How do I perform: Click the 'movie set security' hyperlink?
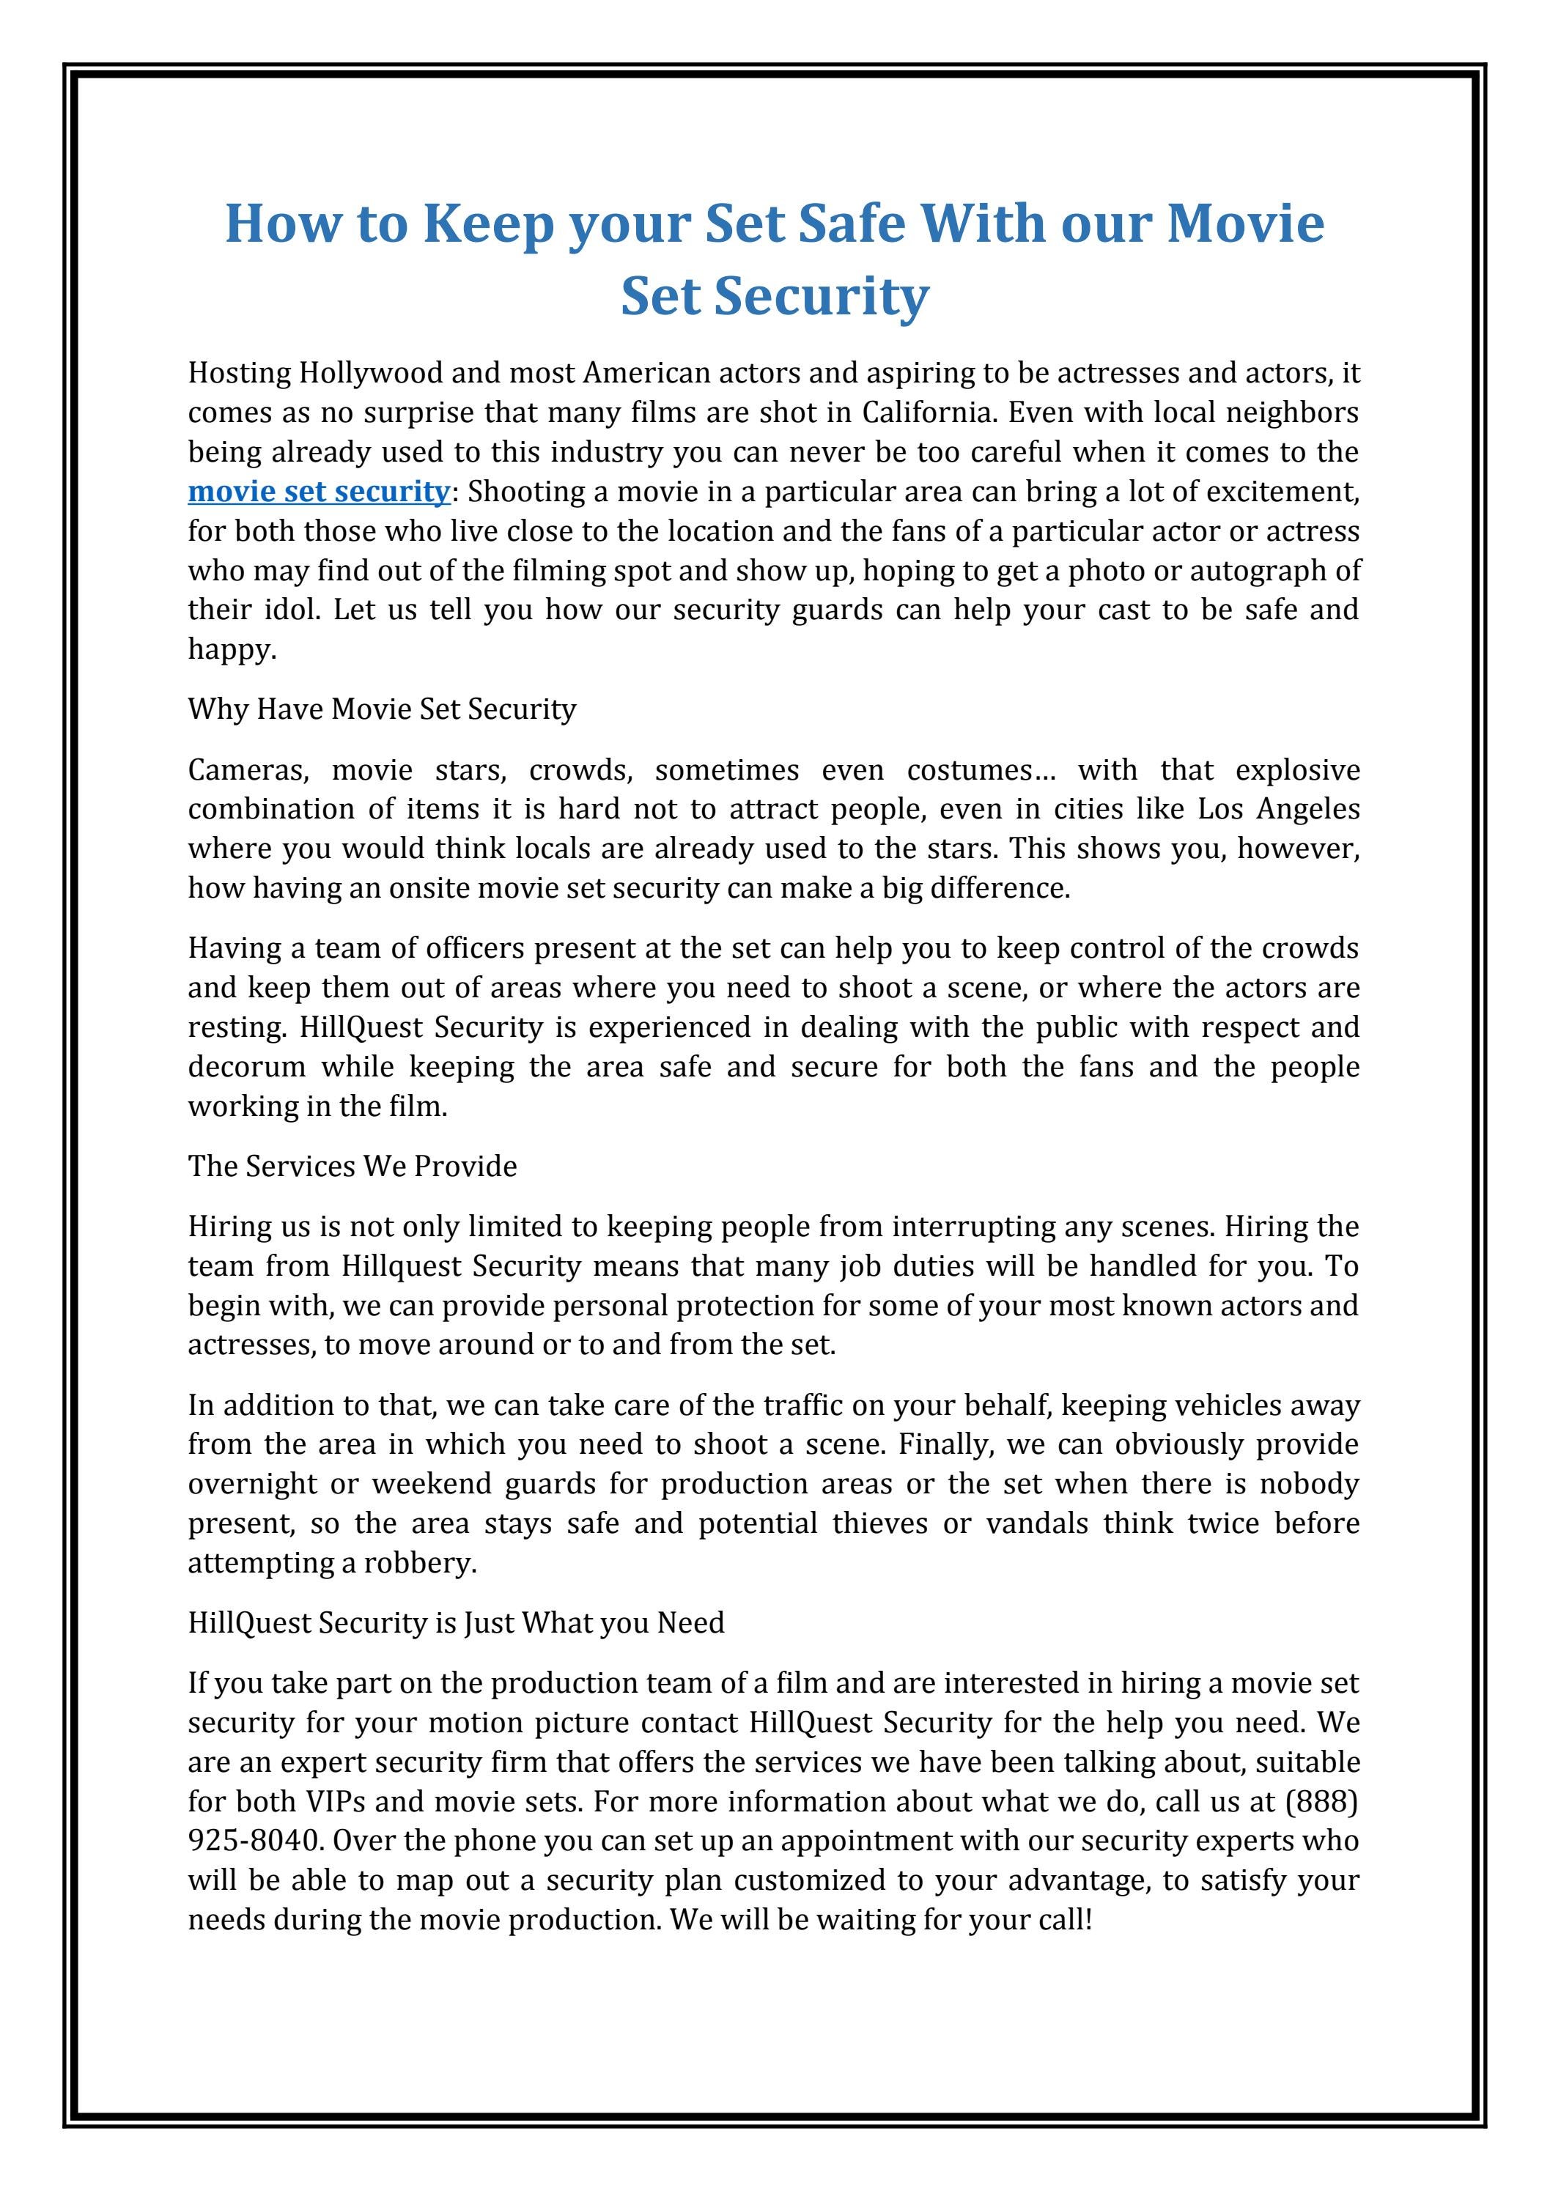(318, 492)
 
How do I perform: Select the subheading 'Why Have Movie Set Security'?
(382, 709)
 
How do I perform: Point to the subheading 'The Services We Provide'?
(353, 1166)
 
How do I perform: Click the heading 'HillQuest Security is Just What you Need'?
(457, 1623)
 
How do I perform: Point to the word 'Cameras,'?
(246, 770)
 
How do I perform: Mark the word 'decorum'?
(246, 1067)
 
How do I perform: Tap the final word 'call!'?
(1064, 1920)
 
